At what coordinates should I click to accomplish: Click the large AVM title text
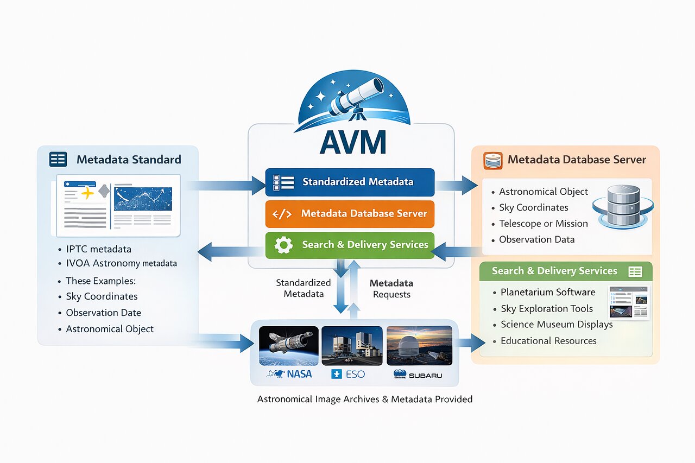(x=352, y=142)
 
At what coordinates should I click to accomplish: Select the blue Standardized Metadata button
(x=350, y=182)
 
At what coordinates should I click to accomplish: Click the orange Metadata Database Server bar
(x=350, y=213)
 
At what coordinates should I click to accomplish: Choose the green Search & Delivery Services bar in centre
(x=350, y=245)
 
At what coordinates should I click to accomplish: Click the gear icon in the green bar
(x=283, y=245)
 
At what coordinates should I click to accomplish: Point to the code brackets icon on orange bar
(x=282, y=214)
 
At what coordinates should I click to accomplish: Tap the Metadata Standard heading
(x=129, y=160)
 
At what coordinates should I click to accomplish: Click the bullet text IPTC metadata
(x=98, y=249)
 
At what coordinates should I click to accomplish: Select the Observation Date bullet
(x=103, y=313)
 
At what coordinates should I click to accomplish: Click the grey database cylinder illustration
(x=623, y=206)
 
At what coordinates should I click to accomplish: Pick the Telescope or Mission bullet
(x=543, y=224)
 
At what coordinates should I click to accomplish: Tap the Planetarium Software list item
(x=547, y=292)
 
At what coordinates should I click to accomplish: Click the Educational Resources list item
(x=548, y=341)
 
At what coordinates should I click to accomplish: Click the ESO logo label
(x=348, y=374)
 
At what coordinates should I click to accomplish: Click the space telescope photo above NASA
(x=288, y=345)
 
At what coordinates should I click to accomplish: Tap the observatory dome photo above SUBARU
(x=419, y=345)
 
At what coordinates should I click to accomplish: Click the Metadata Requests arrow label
(x=391, y=289)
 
